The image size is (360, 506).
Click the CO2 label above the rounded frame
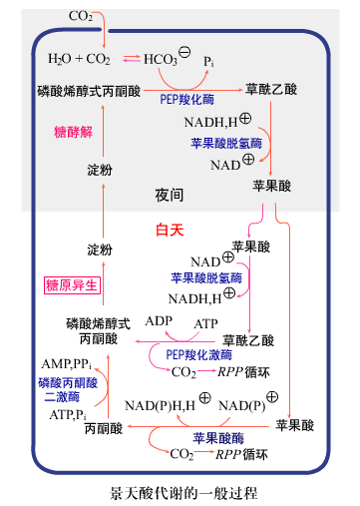click(81, 16)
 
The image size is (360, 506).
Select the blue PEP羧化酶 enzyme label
click(184, 100)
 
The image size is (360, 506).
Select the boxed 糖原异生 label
click(74, 285)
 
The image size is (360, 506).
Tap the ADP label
click(159, 321)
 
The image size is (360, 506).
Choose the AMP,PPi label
click(67, 363)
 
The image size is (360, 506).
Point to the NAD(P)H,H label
click(161, 405)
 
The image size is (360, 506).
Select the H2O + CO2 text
click(79, 59)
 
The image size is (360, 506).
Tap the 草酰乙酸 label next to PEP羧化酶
click(271, 89)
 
